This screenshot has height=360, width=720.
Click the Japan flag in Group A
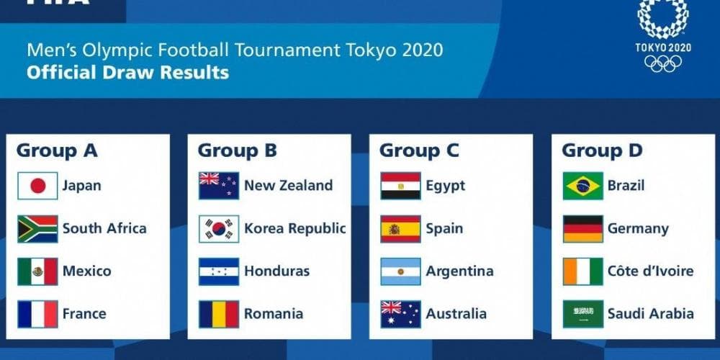click(x=37, y=186)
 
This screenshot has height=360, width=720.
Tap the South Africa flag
click(x=37, y=229)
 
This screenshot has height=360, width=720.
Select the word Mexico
click(x=86, y=271)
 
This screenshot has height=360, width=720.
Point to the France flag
click(x=37, y=314)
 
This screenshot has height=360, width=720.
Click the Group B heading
click(x=237, y=150)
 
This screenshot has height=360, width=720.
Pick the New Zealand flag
click(x=219, y=186)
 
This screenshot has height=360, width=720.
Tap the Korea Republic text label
click(x=294, y=229)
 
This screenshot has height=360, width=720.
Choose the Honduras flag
click(x=219, y=271)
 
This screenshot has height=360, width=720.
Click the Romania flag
click(x=219, y=314)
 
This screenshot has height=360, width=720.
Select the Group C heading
click(x=418, y=150)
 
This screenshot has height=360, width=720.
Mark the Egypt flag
click(x=400, y=186)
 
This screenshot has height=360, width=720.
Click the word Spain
click(x=444, y=229)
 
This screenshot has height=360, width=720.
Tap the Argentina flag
click(x=400, y=271)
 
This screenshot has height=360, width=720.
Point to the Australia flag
click(x=400, y=314)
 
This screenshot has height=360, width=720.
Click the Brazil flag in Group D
click(x=582, y=186)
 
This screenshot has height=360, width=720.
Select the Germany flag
click(x=582, y=229)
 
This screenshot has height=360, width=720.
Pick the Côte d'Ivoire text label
click(x=650, y=271)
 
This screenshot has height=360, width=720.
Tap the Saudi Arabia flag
click(x=582, y=314)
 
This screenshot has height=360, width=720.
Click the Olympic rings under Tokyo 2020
click(x=662, y=64)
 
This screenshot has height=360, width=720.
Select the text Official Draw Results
click(x=127, y=73)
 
